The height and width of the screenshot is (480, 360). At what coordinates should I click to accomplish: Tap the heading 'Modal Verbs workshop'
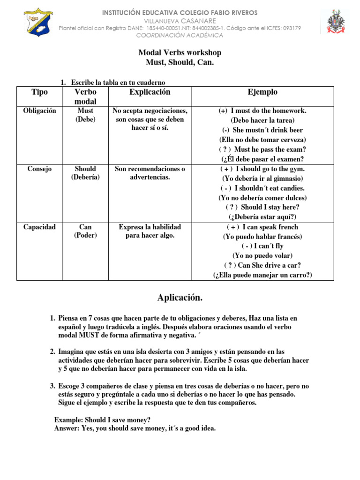click(x=180, y=52)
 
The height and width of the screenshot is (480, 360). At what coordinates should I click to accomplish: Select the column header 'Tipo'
click(x=39, y=92)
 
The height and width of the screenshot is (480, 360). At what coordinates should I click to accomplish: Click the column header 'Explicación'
click(x=150, y=92)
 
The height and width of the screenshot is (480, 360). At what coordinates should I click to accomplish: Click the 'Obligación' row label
click(x=39, y=111)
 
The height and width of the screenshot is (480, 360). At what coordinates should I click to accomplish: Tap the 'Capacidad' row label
click(x=39, y=227)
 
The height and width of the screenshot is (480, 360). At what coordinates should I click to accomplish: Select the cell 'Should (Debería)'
click(x=85, y=173)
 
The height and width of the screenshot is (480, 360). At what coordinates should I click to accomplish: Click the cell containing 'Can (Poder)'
click(x=85, y=231)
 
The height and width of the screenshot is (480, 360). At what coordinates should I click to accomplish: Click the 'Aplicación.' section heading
click(x=180, y=298)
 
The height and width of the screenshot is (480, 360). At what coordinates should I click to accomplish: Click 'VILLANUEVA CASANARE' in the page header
click(x=180, y=21)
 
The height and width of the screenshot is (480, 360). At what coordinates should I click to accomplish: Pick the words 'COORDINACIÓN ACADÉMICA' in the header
click(x=180, y=35)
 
